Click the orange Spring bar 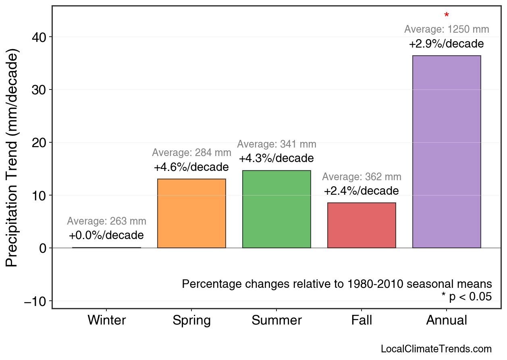191,213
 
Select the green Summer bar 276,209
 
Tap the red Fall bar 362,225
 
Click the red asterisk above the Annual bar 447,16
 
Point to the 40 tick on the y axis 39,37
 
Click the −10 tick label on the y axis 35,301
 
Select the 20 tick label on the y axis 39,143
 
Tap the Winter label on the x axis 107,320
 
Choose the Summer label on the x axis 276,320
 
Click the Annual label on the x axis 447,320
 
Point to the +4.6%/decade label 191,167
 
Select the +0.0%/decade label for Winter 106,235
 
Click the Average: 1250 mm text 447,29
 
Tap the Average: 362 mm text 362,177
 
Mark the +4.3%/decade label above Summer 276,158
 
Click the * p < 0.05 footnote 466,297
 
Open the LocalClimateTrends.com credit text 436,349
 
